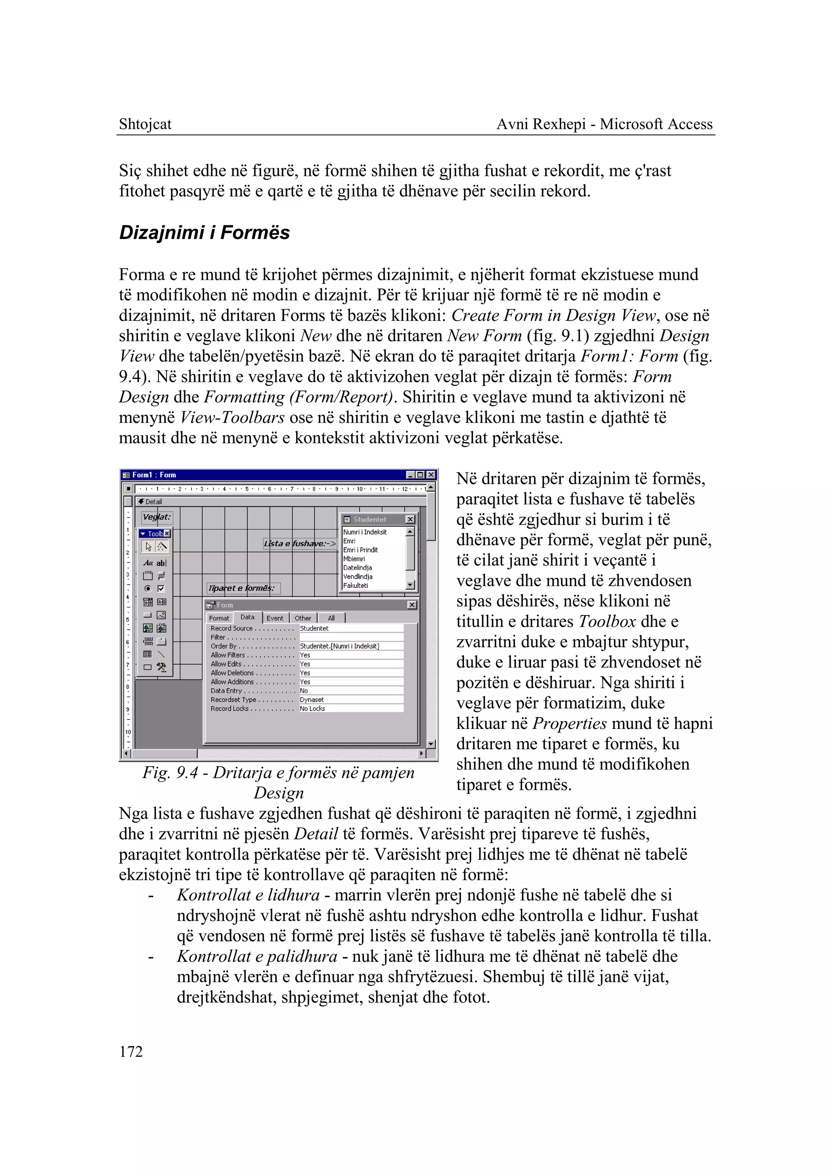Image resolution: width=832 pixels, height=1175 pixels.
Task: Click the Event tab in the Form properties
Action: pyautogui.click(x=275, y=618)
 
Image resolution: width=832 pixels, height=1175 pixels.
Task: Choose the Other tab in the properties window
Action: pyautogui.click(x=303, y=618)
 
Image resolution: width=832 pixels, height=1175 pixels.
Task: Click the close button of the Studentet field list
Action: pyautogui.click(x=410, y=519)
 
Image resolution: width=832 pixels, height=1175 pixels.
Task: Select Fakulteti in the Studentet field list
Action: pyautogui.click(x=355, y=585)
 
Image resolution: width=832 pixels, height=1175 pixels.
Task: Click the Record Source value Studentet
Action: pyautogui.click(x=314, y=628)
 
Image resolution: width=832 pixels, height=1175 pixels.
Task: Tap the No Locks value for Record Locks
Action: pyautogui.click(x=312, y=709)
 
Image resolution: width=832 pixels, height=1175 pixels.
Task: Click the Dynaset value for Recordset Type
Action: pyautogui.click(x=312, y=700)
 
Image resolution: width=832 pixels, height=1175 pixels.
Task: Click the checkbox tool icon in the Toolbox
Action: pyautogui.click(x=161, y=589)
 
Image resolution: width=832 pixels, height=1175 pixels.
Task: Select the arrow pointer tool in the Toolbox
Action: pyautogui.click(x=148, y=547)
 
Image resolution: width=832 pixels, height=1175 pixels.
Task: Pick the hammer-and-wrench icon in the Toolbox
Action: pyautogui.click(x=161, y=667)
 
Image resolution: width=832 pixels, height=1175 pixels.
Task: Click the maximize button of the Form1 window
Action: pyautogui.click(x=420, y=475)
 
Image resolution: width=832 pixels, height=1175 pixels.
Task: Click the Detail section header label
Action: pyautogui.click(x=153, y=502)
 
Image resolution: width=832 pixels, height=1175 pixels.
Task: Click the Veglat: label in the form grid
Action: pyautogui.click(x=156, y=517)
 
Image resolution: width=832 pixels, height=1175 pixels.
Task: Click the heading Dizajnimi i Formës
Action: pyautogui.click(x=204, y=233)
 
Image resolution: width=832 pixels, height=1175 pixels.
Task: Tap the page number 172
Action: pyautogui.click(x=131, y=1051)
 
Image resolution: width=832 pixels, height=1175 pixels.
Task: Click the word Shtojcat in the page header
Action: pyautogui.click(x=145, y=124)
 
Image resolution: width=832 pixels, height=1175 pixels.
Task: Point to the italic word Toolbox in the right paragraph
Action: pyautogui.click(x=607, y=622)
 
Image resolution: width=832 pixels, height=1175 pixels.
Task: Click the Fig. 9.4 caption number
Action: pyautogui.click(x=188, y=772)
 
